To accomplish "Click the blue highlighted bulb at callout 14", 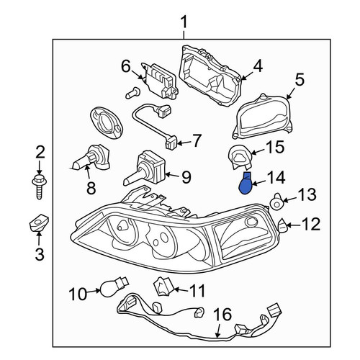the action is pyautogui.click(x=246, y=184).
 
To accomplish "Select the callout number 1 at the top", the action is pyautogui.click(x=184, y=22).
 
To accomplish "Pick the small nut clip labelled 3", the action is pyautogui.click(x=39, y=222).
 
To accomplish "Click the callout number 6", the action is pyautogui.click(x=126, y=66).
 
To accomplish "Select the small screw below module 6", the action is pyautogui.click(x=132, y=93).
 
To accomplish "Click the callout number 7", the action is pyautogui.click(x=197, y=141).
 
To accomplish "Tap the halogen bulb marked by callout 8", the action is pyautogui.click(x=91, y=159).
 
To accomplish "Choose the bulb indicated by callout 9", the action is pyautogui.click(x=144, y=170).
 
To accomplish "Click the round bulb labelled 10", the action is pyautogui.click(x=114, y=285).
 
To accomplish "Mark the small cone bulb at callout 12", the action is pyautogui.click(x=282, y=225).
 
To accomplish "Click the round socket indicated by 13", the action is pyautogui.click(x=276, y=203).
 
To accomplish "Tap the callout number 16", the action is pyautogui.click(x=222, y=314).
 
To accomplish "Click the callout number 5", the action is pyautogui.click(x=300, y=80).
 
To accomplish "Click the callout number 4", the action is pyautogui.click(x=258, y=66).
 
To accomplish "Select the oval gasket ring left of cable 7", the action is pyautogui.click(x=107, y=123).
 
